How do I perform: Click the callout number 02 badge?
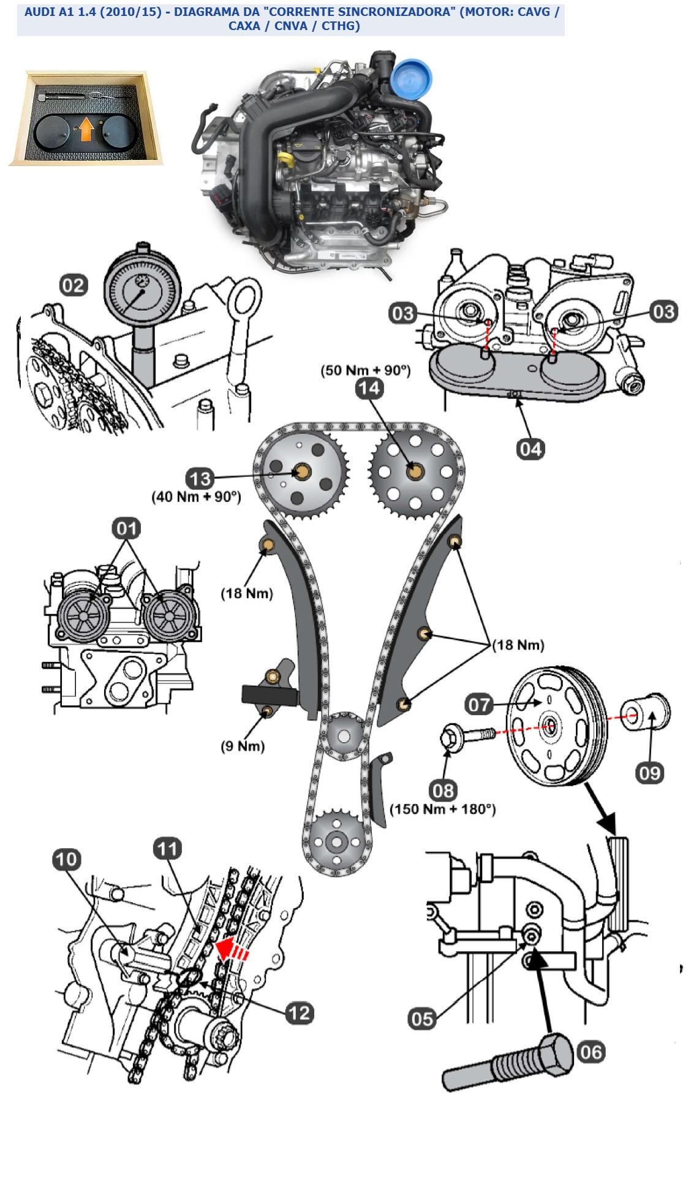(x=74, y=286)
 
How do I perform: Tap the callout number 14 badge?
(x=369, y=388)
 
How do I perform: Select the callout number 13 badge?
(x=200, y=479)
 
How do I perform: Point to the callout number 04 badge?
(x=531, y=449)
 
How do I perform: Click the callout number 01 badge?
(x=126, y=528)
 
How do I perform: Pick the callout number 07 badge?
(x=479, y=704)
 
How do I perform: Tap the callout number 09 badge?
(x=649, y=773)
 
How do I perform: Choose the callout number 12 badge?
(x=300, y=1012)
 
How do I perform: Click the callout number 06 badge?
(x=591, y=1052)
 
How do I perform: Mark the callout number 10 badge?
(x=67, y=859)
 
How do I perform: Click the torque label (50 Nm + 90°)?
(x=366, y=370)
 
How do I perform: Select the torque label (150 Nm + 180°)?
(x=442, y=809)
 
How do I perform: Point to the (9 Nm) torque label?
(x=243, y=746)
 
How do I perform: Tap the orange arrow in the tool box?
(x=86, y=129)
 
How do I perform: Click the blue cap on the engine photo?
(x=412, y=78)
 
